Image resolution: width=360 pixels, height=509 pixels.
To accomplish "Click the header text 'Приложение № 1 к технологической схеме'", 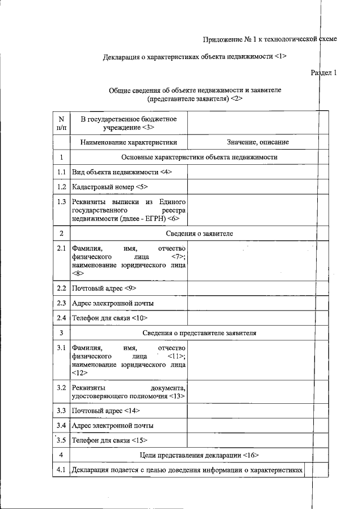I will point(269,39).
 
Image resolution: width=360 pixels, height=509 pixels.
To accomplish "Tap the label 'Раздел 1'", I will point(323,73).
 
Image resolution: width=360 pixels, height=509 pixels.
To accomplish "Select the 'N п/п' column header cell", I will point(61,124).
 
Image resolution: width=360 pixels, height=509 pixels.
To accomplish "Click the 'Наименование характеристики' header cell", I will point(128,142).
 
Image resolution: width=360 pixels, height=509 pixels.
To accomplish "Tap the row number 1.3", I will point(61,201).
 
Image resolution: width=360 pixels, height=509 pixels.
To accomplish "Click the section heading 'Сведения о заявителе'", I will point(199,232).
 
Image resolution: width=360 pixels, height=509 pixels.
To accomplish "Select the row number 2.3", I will point(61,303).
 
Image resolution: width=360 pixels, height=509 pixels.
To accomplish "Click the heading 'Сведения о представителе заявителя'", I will point(199,333).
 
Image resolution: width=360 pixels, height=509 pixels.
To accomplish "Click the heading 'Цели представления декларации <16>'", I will point(199,454).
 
